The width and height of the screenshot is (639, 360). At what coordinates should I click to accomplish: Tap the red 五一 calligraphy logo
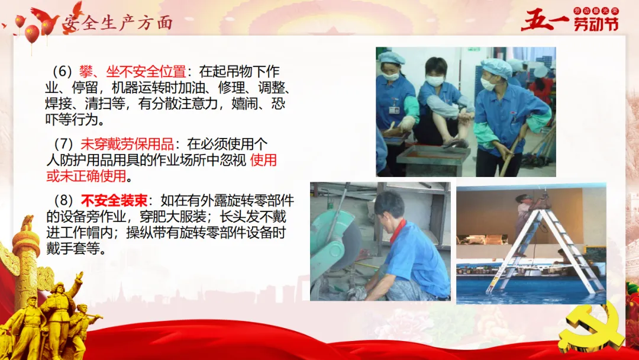(544, 20)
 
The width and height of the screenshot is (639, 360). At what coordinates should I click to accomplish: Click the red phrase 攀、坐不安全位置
(133, 72)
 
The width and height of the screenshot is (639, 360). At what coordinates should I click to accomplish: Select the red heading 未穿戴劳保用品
(127, 144)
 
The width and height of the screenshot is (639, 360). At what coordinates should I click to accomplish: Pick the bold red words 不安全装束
(114, 201)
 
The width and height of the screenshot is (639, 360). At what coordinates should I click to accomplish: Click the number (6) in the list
(62, 72)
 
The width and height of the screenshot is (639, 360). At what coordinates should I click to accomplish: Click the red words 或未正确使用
(86, 176)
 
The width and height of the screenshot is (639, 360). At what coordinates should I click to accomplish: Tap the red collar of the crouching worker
(398, 230)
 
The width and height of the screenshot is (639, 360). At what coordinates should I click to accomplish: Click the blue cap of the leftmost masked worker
(391, 58)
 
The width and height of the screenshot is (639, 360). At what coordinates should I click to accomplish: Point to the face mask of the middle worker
(435, 81)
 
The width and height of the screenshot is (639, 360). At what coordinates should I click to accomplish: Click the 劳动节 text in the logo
(596, 24)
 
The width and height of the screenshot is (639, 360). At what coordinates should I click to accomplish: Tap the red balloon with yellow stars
(32, 34)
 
